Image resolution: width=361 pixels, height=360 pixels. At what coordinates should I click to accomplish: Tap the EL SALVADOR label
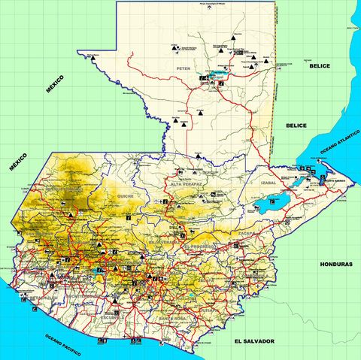[x=253, y=341]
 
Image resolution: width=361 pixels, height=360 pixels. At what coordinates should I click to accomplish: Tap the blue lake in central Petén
[x=217, y=75]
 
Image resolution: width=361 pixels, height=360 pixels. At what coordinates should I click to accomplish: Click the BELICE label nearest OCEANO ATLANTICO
[x=296, y=126]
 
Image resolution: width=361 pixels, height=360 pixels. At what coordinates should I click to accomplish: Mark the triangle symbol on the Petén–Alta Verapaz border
[x=196, y=156]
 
